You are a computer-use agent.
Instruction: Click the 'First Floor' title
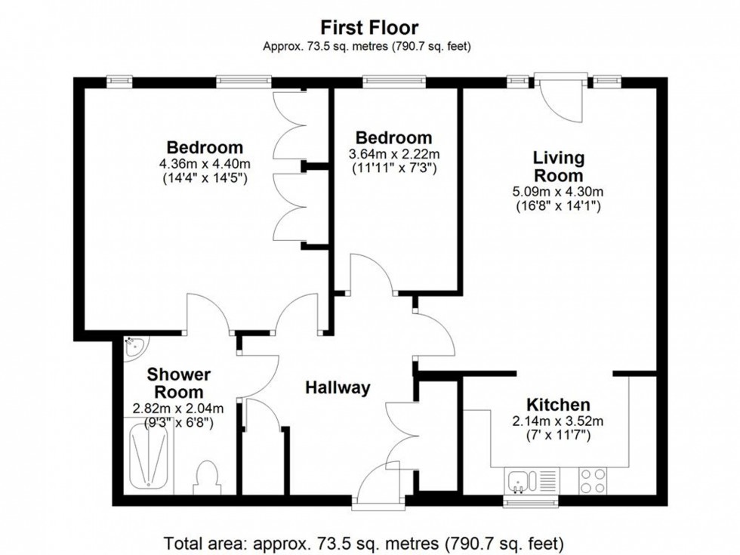(x=369, y=28)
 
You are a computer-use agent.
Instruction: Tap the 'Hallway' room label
(x=338, y=388)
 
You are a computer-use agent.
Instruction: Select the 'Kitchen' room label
(x=558, y=405)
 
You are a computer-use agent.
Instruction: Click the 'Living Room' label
(x=558, y=167)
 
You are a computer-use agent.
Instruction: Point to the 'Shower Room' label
(x=179, y=383)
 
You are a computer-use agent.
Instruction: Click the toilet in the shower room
(x=206, y=476)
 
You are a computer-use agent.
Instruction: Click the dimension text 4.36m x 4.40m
(x=205, y=164)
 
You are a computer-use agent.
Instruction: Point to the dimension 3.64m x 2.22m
(x=393, y=154)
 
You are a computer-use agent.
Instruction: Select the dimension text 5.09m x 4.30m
(x=558, y=192)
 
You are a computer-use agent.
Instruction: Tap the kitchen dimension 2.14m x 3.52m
(x=558, y=421)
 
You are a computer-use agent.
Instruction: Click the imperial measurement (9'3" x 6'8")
(x=179, y=424)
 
